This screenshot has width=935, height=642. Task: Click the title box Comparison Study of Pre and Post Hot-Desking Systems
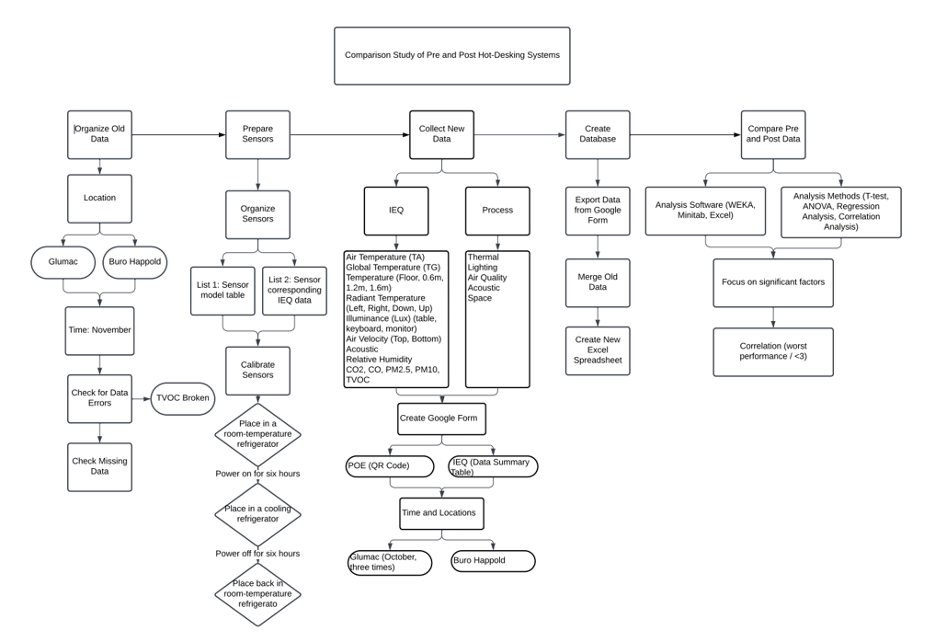coord(451,55)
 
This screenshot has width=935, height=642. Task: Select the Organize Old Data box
coord(100,135)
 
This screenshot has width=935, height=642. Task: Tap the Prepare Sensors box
coord(257,135)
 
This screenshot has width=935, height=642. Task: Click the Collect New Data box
coord(441,135)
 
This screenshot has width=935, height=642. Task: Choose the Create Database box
coord(598,135)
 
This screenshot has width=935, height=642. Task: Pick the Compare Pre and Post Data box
coord(772,135)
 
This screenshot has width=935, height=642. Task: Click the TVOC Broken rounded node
coord(183,398)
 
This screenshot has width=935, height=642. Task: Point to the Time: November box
coord(100,330)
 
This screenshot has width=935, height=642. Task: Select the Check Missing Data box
coord(100,465)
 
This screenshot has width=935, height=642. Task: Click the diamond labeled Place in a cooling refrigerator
coord(258,514)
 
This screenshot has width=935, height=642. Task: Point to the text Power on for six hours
coord(257,474)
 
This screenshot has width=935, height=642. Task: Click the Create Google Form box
coord(441,418)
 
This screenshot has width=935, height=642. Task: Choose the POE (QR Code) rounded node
coord(390,466)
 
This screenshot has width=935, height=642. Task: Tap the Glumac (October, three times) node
coord(390,562)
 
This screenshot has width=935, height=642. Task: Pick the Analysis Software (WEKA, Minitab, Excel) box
coord(705,211)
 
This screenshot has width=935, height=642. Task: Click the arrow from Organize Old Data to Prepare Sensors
coord(178,135)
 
